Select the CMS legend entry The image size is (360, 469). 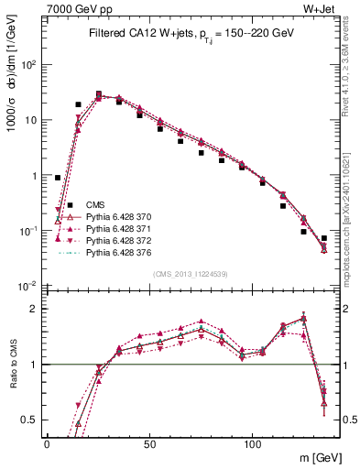tap(95, 204)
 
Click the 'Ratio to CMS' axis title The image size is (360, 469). tap(13, 352)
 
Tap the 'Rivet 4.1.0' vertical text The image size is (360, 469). tap(347, 64)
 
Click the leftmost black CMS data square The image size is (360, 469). tap(58, 178)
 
